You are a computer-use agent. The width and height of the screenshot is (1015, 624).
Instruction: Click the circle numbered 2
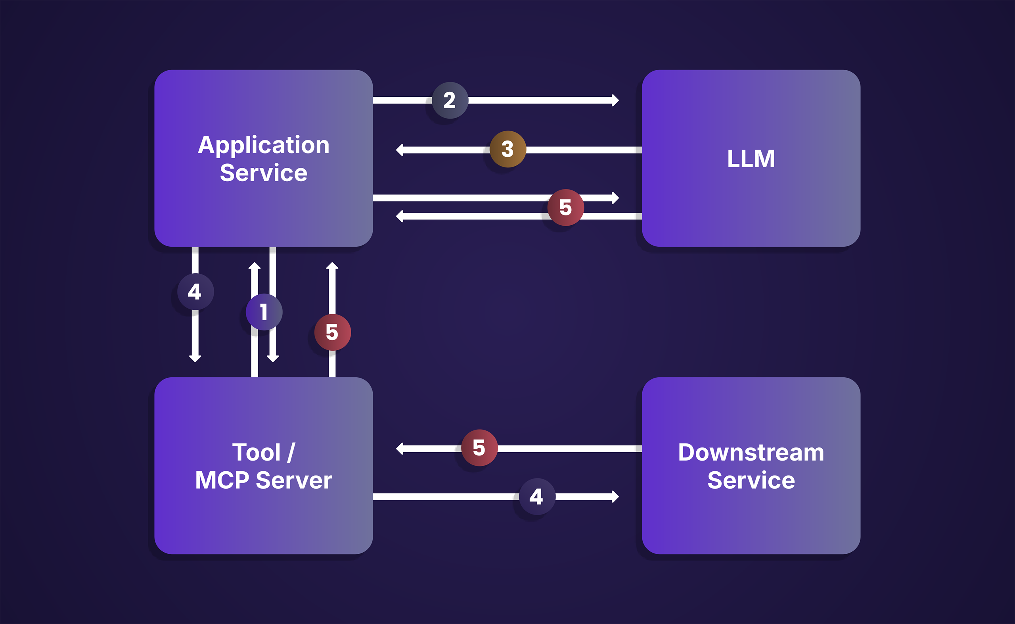coord(450,100)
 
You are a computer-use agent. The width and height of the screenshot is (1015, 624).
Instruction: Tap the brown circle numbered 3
coord(508,149)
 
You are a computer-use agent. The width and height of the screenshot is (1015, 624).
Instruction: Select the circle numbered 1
coord(264,312)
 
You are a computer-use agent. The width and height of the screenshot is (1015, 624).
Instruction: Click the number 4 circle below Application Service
coord(195,292)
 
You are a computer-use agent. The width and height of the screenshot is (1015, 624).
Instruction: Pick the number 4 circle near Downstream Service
coord(537,497)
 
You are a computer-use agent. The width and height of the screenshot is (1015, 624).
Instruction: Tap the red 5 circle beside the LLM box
coord(565,207)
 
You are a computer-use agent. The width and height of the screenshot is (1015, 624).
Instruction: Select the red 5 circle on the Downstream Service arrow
coord(479,448)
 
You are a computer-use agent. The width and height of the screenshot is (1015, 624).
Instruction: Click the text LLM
coord(751,159)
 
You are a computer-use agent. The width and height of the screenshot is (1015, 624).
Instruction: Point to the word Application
coord(264,145)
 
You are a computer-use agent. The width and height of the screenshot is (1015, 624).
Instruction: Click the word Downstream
coord(751,452)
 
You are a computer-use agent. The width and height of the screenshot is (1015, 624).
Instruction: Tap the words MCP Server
coord(264,480)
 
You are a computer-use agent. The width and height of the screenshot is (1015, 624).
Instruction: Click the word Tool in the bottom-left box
coord(256,452)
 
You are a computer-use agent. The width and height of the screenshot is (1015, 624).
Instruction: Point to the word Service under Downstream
coord(751,480)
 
